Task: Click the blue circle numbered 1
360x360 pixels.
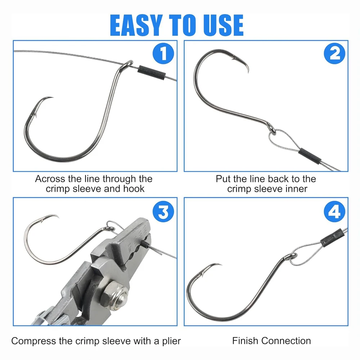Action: point(163,54)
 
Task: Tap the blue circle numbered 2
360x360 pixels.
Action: point(334,54)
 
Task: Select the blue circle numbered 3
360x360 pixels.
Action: point(163,211)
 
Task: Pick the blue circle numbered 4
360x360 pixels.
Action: point(334,211)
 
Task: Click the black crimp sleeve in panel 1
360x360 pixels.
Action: point(152,72)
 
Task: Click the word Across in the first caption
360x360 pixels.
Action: point(50,179)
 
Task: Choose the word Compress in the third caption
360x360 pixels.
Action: point(33,341)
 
